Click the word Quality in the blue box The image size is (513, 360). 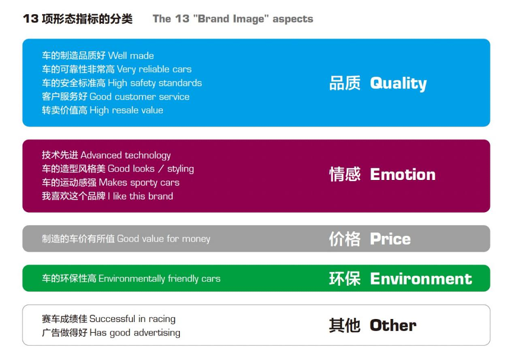pos(398,83)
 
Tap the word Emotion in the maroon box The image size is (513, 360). pos(403,175)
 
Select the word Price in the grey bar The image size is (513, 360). pos(390,239)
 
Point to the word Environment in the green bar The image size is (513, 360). pos(421,279)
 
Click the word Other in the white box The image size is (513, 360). pos(393,326)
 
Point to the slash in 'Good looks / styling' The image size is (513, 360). pos(161,169)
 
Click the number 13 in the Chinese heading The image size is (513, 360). pos(31,18)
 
